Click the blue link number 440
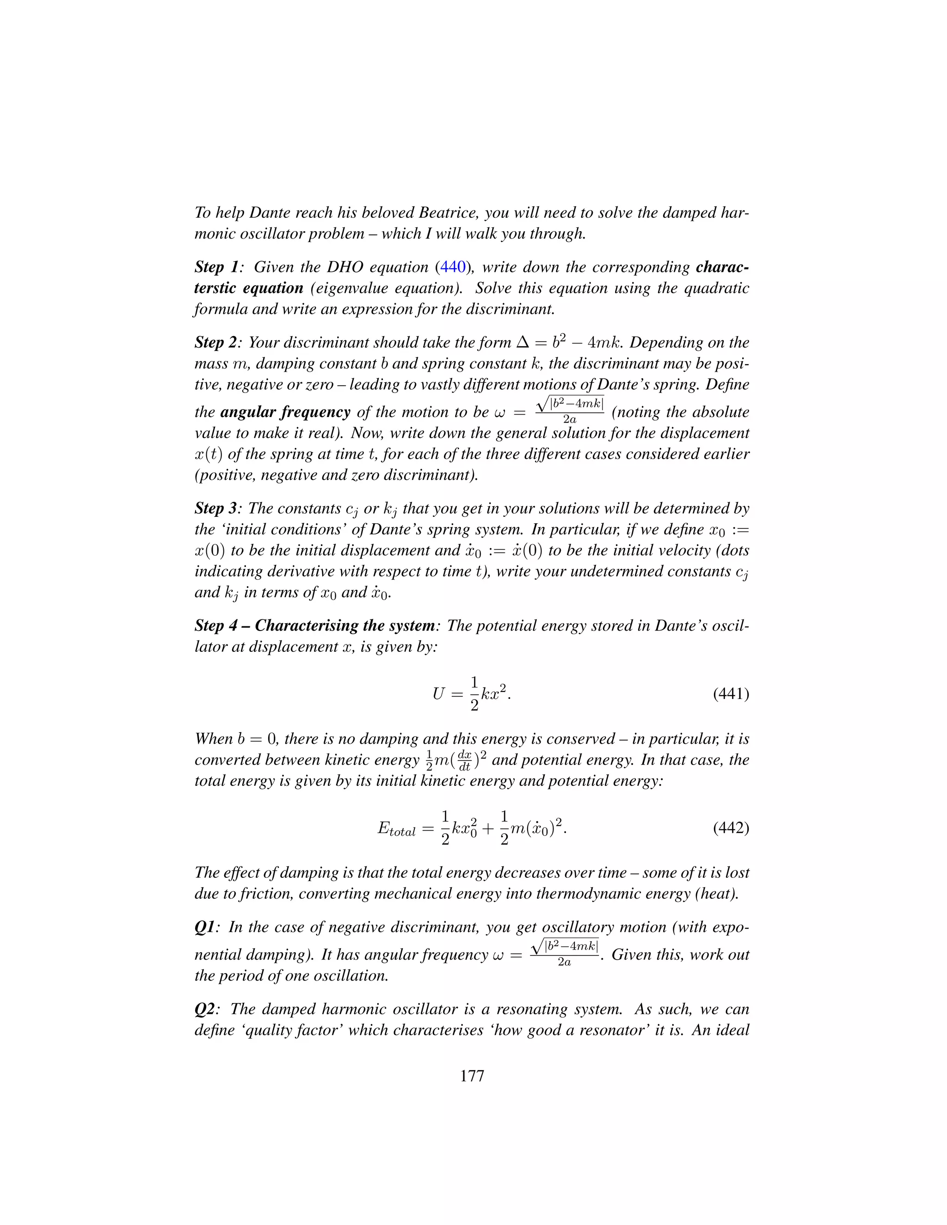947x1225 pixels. point(453,267)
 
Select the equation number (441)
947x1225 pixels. point(731,694)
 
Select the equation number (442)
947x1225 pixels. point(731,828)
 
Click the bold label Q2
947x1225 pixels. point(205,1009)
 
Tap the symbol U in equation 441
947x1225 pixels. point(438,694)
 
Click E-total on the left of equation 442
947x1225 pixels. point(396,829)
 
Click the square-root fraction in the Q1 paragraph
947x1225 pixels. point(565,954)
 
